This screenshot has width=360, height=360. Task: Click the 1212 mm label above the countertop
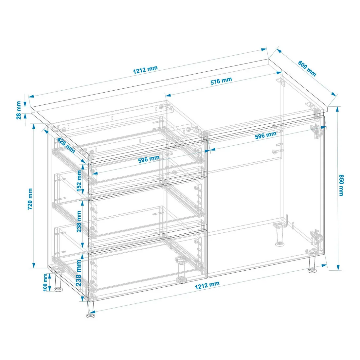click(x=145, y=70)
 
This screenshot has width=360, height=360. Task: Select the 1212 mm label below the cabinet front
click(x=207, y=285)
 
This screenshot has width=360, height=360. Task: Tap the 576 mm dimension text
click(x=221, y=81)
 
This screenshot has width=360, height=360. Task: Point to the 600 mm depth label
click(x=307, y=68)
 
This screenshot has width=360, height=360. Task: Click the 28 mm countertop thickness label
click(x=19, y=110)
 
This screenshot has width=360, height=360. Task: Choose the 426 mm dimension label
click(x=66, y=145)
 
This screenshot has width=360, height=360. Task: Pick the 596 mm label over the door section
click(x=266, y=135)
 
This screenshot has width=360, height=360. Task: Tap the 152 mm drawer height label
click(x=79, y=181)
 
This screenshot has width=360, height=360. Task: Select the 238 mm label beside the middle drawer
click(x=79, y=221)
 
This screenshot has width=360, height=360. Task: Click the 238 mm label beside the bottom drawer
click(x=79, y=273)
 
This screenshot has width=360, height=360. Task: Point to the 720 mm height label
click(x=30, y=199)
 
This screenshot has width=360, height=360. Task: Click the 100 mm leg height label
click(x=45, y=282)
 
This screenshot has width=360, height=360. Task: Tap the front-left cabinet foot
click(x=90, y=310)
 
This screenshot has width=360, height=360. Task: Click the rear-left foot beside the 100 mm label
click(x=58, y=283)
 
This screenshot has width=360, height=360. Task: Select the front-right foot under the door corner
click(x=312, y=265)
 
